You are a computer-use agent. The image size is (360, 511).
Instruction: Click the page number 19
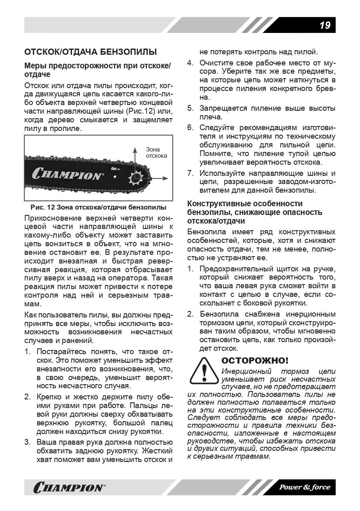click(325, 26)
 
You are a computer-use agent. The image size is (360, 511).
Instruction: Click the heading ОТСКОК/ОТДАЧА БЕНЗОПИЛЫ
click(91, 52)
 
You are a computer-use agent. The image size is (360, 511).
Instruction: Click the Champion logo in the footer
click(69, 488)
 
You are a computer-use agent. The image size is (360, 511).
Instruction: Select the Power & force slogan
click(305, 487)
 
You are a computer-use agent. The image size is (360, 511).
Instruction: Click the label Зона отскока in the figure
click(156, 153)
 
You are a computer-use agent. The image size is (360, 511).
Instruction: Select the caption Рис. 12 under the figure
click(98, 207)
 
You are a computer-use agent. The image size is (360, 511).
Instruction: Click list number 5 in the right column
click(190, 108)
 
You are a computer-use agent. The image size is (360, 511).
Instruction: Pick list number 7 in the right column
click(190, 173)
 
